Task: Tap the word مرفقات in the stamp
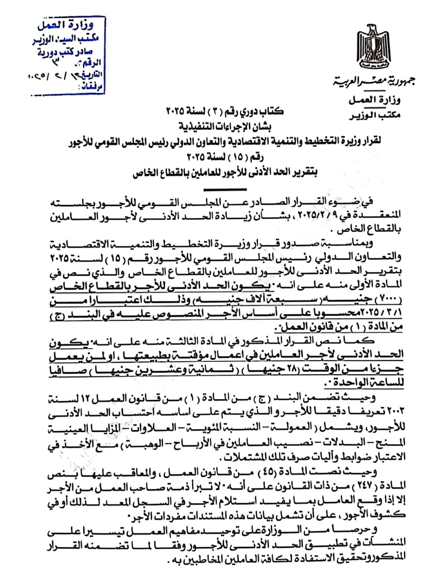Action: coord(92,88)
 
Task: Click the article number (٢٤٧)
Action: coord(367,486)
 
